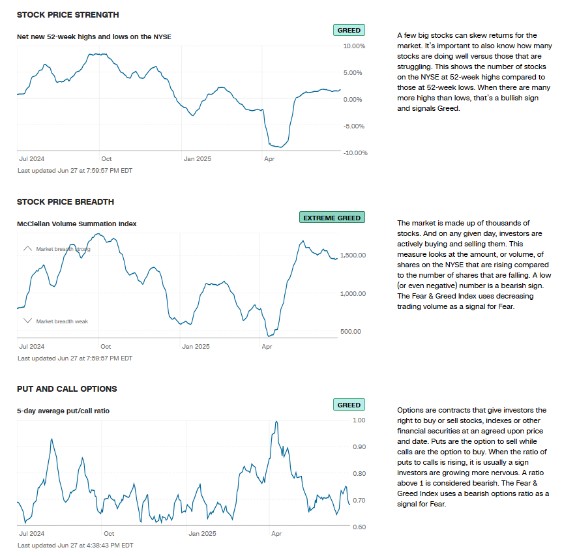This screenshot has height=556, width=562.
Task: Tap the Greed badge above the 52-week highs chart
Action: click(x=349, y=31)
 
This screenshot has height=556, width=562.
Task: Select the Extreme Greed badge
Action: click(x=332, y=218)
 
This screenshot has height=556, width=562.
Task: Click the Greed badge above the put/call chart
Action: click(x=349, y=405)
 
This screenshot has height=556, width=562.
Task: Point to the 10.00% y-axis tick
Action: click(x=354, y=46)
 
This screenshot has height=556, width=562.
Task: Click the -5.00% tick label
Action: click(x=354, y=126)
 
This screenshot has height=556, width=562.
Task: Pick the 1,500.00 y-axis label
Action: click(x=353, y=255)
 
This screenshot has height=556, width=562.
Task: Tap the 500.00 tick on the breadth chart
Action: click(x=351, y=332)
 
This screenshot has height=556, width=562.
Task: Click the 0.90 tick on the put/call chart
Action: click(x=359, y=447)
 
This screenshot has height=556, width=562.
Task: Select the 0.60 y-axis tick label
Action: click(x=359, y=527)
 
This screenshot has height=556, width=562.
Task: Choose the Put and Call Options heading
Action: click(x=67, y=389)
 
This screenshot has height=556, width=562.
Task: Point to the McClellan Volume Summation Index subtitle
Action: click(x=77, y=224)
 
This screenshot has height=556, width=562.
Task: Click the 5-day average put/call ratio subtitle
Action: click(x=63, y=411)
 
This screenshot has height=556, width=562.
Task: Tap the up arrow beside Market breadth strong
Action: click(x=27, y=249)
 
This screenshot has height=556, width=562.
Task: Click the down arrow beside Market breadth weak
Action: click(x=27, y=321)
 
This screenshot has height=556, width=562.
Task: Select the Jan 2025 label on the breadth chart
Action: click(x=197, y=347)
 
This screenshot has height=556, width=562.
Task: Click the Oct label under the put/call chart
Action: click(x=109, y=534)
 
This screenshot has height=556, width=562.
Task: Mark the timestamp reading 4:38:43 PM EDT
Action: click(x=75, y=545)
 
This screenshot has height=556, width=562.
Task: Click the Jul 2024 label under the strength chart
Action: click(x=33, y=159)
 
